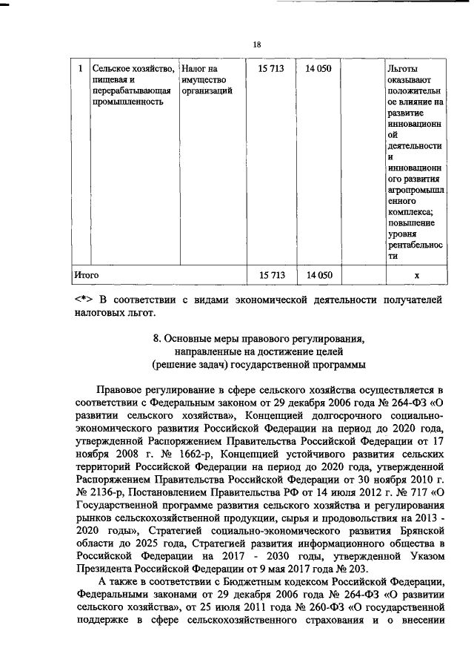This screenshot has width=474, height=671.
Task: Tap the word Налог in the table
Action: (195, 69)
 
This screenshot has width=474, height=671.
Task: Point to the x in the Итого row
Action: (417, 275)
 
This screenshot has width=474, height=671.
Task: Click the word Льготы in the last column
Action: (403, 69)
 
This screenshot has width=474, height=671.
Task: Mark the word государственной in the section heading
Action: (292, 364)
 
